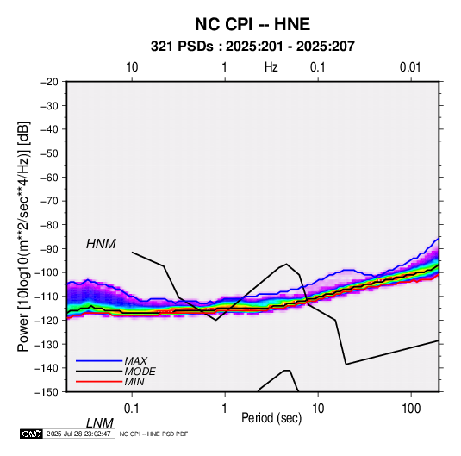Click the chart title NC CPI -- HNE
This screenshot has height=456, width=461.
252,24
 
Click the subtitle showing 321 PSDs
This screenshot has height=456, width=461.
252,47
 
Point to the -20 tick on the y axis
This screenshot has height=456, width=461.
49,82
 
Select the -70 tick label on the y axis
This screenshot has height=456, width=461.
49,201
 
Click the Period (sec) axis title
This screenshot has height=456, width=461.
271,418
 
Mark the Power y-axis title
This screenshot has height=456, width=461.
23,236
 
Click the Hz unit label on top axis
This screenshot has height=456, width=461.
271,67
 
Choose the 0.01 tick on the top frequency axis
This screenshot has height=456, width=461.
410,67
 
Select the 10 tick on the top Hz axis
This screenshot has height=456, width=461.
132,67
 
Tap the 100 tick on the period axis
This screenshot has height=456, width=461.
411,409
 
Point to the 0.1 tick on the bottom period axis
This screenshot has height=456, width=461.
132,409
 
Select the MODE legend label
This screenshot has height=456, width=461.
140,372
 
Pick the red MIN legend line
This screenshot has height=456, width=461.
99,382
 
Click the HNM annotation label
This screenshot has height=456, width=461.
101,244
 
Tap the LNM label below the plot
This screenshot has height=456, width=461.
100,423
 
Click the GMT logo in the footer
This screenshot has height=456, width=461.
32,434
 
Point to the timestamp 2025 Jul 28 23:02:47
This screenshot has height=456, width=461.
78,434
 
